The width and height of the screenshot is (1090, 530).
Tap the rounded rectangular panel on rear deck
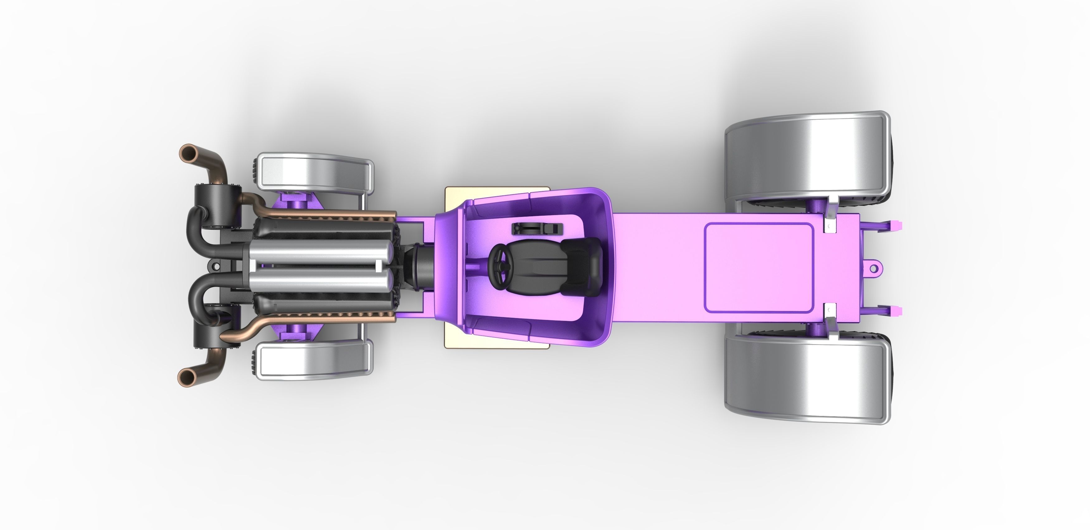(758, 268)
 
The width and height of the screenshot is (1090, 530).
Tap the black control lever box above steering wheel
(537, 229)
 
